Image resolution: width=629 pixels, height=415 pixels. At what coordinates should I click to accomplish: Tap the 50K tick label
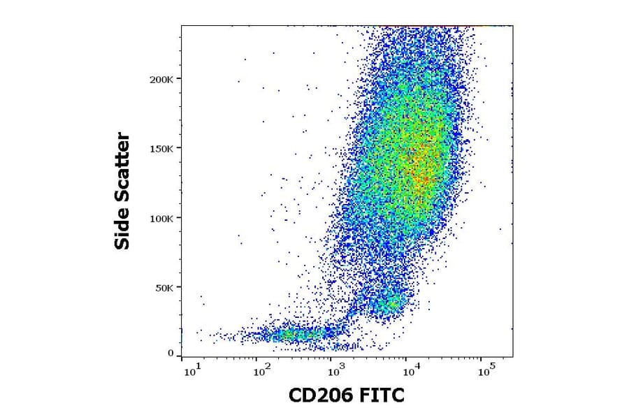pyautogui.click(x=166, y=287)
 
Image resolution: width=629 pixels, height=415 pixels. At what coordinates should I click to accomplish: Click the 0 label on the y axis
pyautogui.click(x=171, y=354)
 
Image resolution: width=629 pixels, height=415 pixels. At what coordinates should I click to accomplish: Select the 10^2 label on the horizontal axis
pyautogui.click(x=263, y=371)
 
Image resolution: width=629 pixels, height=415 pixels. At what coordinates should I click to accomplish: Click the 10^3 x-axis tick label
pyautogui.click(x=336, y=371)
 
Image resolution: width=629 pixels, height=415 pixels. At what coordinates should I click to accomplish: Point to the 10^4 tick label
pyautogui.click(x=410, y=371)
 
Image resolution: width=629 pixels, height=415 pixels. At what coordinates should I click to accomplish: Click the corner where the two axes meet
pyautogui.click(x=182, y=358)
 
